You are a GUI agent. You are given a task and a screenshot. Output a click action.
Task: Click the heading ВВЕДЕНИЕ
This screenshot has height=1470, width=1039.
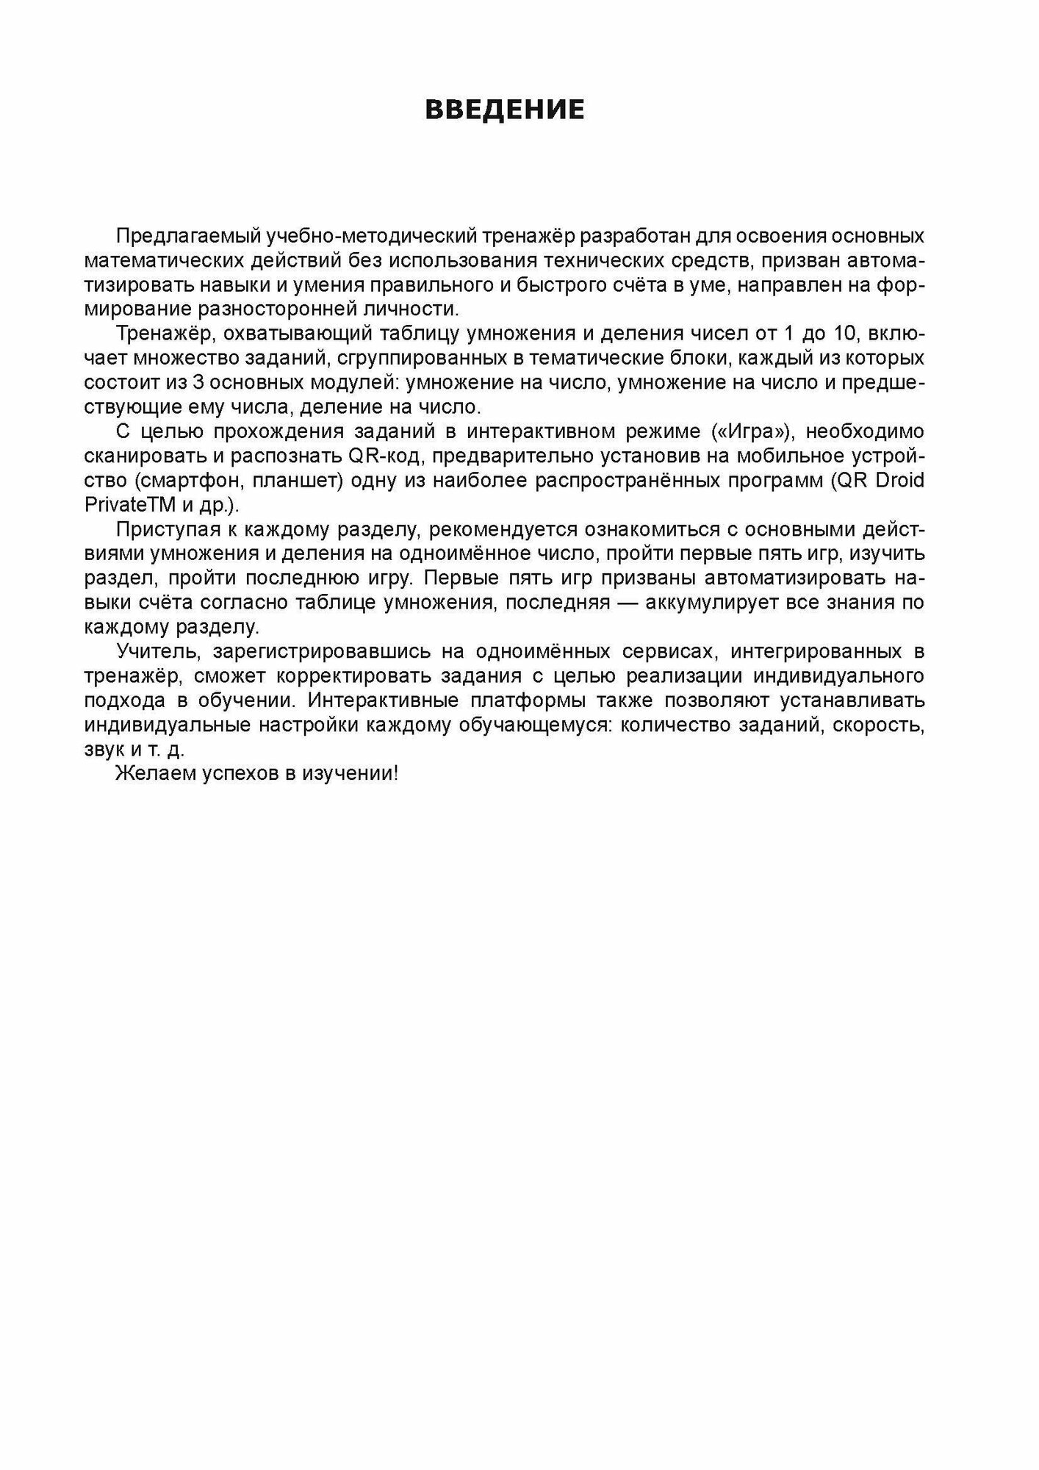pyautogui.click(x=505, y=110)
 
